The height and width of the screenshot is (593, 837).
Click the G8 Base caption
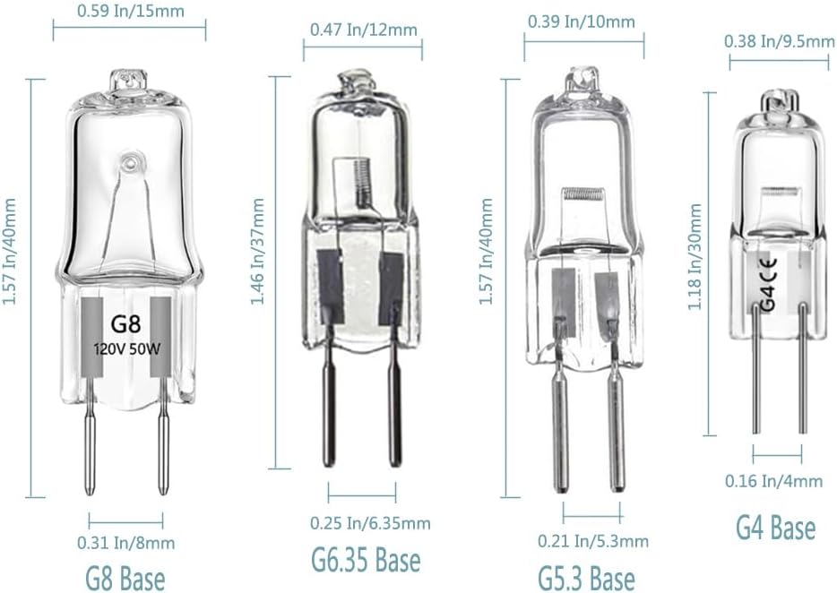(x=125, y=579)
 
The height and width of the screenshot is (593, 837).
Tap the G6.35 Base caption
(x=366, y=560)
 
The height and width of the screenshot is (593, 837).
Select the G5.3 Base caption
(x=587, y=579)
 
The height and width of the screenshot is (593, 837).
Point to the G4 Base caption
(x=775, y=528)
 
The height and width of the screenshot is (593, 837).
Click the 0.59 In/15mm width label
(x=131, y=11)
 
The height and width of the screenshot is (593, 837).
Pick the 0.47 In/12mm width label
(x=364, y=30)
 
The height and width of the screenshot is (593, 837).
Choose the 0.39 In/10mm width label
(x=582, y=21)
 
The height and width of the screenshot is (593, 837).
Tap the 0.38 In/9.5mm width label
(x=780, y=41)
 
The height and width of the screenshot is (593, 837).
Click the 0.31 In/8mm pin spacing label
(x=126, y=543)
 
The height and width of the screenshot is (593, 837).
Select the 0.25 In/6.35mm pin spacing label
(x=370, y=523)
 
